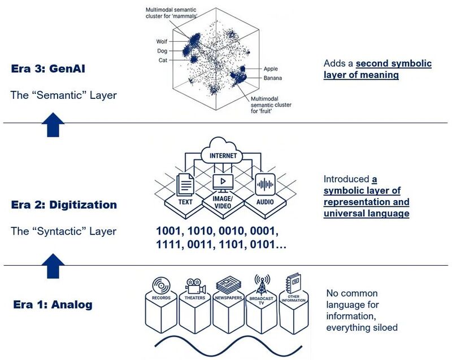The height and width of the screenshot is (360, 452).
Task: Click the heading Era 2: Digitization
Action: [x=64, y=205]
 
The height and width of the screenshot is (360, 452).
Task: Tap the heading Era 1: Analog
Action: [x=53, y=305]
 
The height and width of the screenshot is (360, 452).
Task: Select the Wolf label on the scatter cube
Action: [x=162, y=41]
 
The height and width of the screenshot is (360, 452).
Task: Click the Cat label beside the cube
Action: [x=163, y=59]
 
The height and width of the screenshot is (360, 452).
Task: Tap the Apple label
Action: [x=271, y=68]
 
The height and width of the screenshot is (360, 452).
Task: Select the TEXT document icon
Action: [x=185, y=184]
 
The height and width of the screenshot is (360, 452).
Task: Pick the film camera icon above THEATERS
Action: [x=194, y=284]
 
